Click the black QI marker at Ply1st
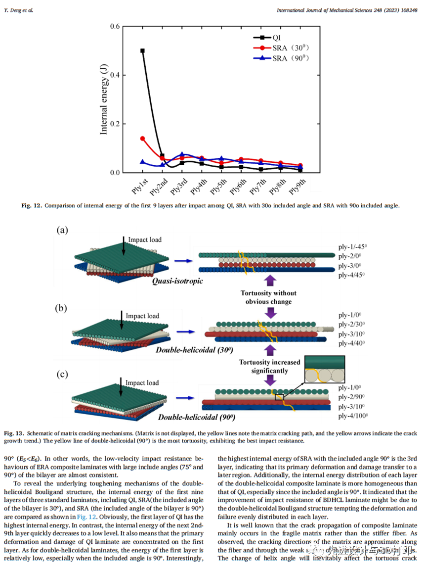142,50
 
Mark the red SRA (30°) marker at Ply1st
142,139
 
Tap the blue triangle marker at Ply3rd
182,155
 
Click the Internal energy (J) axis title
104,99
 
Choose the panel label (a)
62,230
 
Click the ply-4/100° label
355,416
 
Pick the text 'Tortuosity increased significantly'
270,366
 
